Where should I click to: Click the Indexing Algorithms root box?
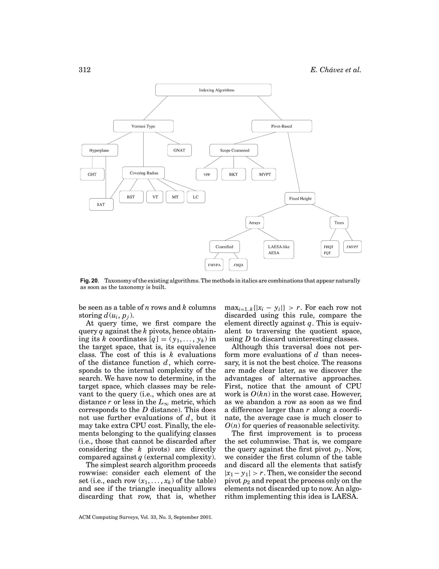(213, 90)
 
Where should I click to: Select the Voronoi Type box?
(143, 126)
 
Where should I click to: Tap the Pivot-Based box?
(282, 126)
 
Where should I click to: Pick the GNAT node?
(179, 150)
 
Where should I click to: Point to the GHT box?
(92, 174)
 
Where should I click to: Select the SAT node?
(101, 204)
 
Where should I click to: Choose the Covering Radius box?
(144, 173)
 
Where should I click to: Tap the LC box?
(196, 197)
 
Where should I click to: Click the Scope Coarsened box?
(234, 150)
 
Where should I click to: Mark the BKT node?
(234, 174)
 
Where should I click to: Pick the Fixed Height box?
(300, 199)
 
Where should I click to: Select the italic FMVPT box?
(352, 247)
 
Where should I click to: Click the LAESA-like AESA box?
(278, 250)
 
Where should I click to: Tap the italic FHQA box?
(238, 265)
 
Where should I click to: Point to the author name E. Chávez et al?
(335, 70)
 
